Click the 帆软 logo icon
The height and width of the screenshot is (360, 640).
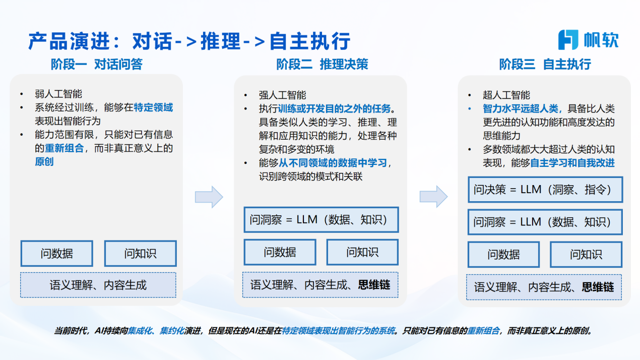[x=568, y=39]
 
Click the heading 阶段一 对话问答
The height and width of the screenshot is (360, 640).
[x=97, y=64]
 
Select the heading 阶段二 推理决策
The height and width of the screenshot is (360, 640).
[x=322, y=64]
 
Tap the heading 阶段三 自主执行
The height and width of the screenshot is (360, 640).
[x=545, y=64]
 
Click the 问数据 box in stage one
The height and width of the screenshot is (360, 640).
[x=57, y=253]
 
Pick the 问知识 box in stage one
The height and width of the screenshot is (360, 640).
[x=140, y=253]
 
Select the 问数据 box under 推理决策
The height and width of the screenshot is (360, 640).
[x=280, y=252]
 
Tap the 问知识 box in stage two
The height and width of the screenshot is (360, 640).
[x=362, y=252]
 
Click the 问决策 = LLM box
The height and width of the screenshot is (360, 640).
[x=545, y=190]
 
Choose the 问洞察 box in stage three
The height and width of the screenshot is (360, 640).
[x=545, y=222]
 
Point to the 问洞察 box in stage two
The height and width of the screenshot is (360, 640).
[x=321, y=220]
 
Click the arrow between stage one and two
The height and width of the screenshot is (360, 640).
[x=209, y=197]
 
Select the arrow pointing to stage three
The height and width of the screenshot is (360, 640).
[x=433, y=197]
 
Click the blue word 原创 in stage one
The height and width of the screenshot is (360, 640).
[x=44, y=161]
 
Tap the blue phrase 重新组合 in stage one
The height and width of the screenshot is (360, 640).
[x=65, y=148]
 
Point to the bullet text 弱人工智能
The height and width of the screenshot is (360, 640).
[x=58, y=94]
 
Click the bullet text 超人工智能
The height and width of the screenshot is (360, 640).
[x=506, y=95]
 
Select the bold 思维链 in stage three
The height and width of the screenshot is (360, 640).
[x=598, y=287]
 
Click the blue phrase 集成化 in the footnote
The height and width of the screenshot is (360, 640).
[x=140, y=331]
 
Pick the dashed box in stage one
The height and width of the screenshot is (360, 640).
[x=98, y=285]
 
